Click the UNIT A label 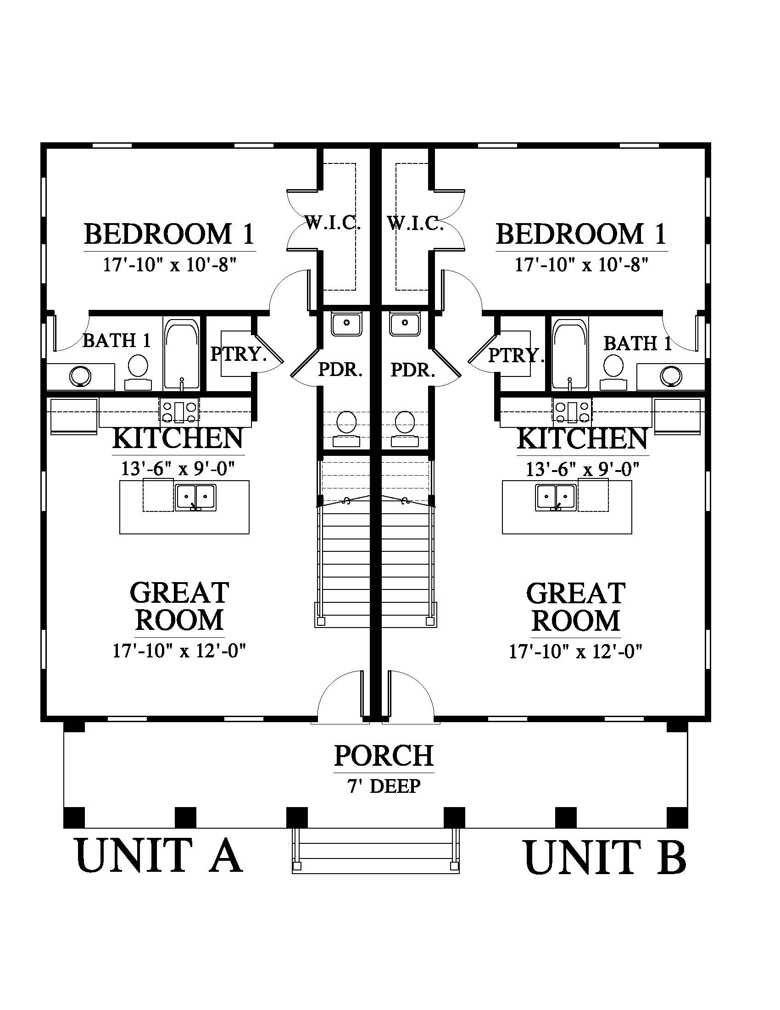[159, 856]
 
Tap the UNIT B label [605, 857]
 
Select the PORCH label [384, 755]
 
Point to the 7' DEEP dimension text [384, 786]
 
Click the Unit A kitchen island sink [195, 498]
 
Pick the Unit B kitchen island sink [556, 498]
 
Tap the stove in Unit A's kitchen [179, 412]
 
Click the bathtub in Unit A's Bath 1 [182, 353]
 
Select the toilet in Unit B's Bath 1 [613, 372]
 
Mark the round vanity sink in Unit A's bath [80, 377]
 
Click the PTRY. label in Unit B [516, 355]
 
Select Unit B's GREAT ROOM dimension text [576, 651]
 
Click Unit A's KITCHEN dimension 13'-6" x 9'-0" [178, 469]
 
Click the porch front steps [376, 850]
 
